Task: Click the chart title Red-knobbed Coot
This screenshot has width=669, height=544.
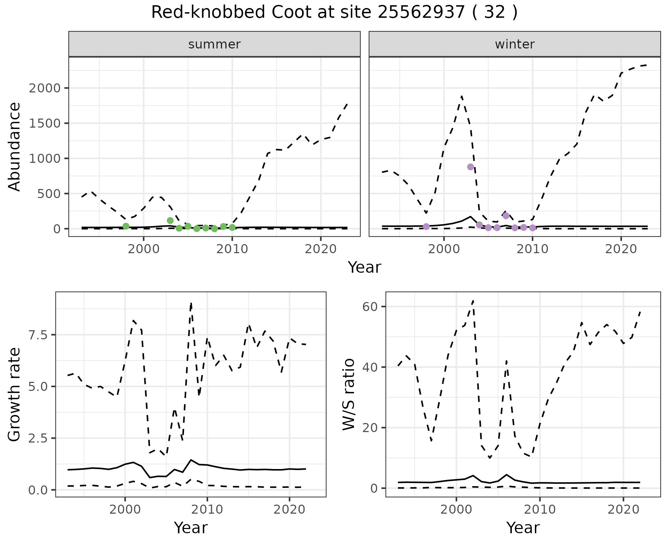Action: [x=334, y=13]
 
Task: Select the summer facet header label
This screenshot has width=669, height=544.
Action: [x=214, y=44]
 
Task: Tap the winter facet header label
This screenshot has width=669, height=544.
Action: [x=515, y=44]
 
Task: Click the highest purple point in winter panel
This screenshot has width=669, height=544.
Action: [x=470, y=167]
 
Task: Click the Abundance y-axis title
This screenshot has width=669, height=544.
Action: [x=14, y=146]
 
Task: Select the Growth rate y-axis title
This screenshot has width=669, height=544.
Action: [x=14, y=395]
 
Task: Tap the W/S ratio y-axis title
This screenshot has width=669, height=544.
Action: [x=348, y=395]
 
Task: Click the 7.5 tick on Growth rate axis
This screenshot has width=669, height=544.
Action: [x=40, y=335]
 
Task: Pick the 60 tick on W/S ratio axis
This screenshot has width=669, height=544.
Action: [x=370, y=307]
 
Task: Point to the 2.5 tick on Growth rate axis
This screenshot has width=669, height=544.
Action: [x=40, y=438]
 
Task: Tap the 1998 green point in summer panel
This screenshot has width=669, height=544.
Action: [x=126, y=226]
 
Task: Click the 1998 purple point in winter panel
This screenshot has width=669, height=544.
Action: [x=426, y=227]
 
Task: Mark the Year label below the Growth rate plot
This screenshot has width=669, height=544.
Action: [x=191, y=528]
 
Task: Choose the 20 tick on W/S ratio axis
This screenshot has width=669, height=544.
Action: [x=370, y=428]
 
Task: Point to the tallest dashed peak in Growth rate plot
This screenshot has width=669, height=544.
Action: [x=191, y=303]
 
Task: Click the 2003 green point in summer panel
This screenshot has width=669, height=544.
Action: [x=170, y=220]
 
